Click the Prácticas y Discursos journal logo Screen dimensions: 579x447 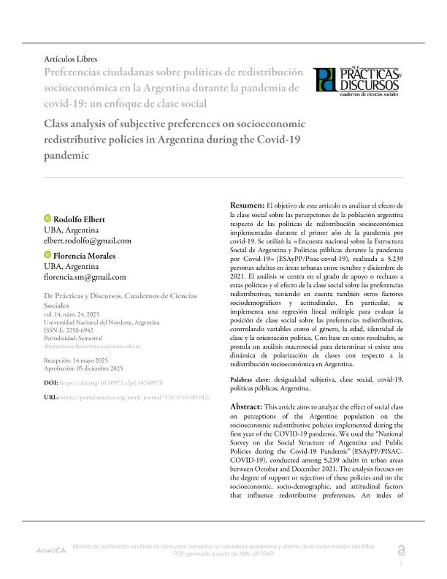(x=358, y=83)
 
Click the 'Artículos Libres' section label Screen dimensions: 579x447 (x=71, y=58)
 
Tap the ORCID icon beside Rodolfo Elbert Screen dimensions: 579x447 (x=48, y=219)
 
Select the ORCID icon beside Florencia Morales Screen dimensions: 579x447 (x=48, y=255)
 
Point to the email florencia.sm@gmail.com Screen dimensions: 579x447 (x=85, y=277)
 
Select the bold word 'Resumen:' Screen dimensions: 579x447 (x=248, y=207)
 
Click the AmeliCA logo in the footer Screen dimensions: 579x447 (x=51, y=549)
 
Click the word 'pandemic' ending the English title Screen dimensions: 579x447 (x=66, y=156)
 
